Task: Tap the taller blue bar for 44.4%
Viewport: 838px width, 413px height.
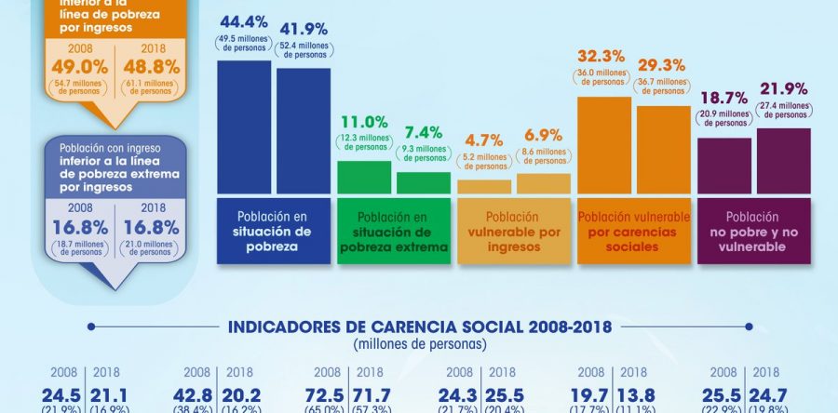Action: click(x=244, y=127)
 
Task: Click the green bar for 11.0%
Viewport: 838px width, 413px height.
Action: click(x=364, y=177)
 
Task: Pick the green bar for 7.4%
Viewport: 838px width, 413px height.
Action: click(x=424, y=182)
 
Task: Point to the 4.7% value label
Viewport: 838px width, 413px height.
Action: click(x=484, y=142)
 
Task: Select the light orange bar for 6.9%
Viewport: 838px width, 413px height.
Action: click(x=544, y=183)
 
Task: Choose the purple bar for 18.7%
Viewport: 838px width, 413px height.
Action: click(x=724, y=166)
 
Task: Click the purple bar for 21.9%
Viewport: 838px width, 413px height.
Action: click(x=784, y=161)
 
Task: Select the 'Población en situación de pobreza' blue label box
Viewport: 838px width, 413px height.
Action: click(x=274, y=231)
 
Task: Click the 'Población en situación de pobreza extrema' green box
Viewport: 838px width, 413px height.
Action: click(x=394, y=231)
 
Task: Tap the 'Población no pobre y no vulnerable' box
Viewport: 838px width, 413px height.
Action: click(x=754, y=231)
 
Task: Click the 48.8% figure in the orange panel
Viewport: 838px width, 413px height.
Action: click(x=146, y=68)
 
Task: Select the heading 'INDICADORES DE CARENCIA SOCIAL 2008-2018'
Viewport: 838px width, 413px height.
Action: click(x=419, y=326)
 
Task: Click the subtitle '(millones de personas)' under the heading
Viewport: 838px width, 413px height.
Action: click(x=419, y=344)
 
